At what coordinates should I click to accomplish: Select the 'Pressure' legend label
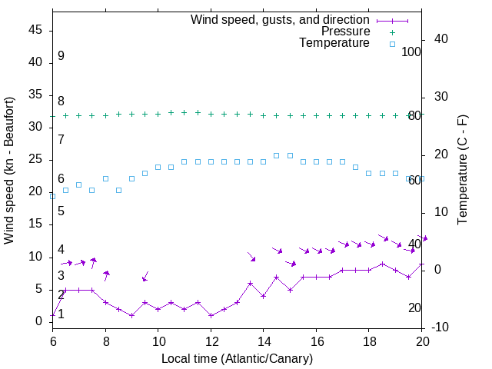345,32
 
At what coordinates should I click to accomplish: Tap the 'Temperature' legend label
334,43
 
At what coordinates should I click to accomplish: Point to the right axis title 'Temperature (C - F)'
462,171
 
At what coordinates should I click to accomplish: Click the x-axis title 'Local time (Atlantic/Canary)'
238,358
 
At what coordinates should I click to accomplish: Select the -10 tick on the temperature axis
441,327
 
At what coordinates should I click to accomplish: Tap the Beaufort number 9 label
61,56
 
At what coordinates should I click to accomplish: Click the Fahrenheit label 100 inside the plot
412,52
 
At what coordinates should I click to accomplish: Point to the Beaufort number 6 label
61,179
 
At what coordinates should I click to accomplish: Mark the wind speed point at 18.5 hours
382,264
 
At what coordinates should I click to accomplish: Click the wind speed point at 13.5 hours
251,283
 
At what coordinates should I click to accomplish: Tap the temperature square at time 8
105,178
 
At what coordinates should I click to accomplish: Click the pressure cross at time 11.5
198,112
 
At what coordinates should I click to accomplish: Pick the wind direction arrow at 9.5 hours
145,277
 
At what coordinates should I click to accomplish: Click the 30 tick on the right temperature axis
441,97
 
